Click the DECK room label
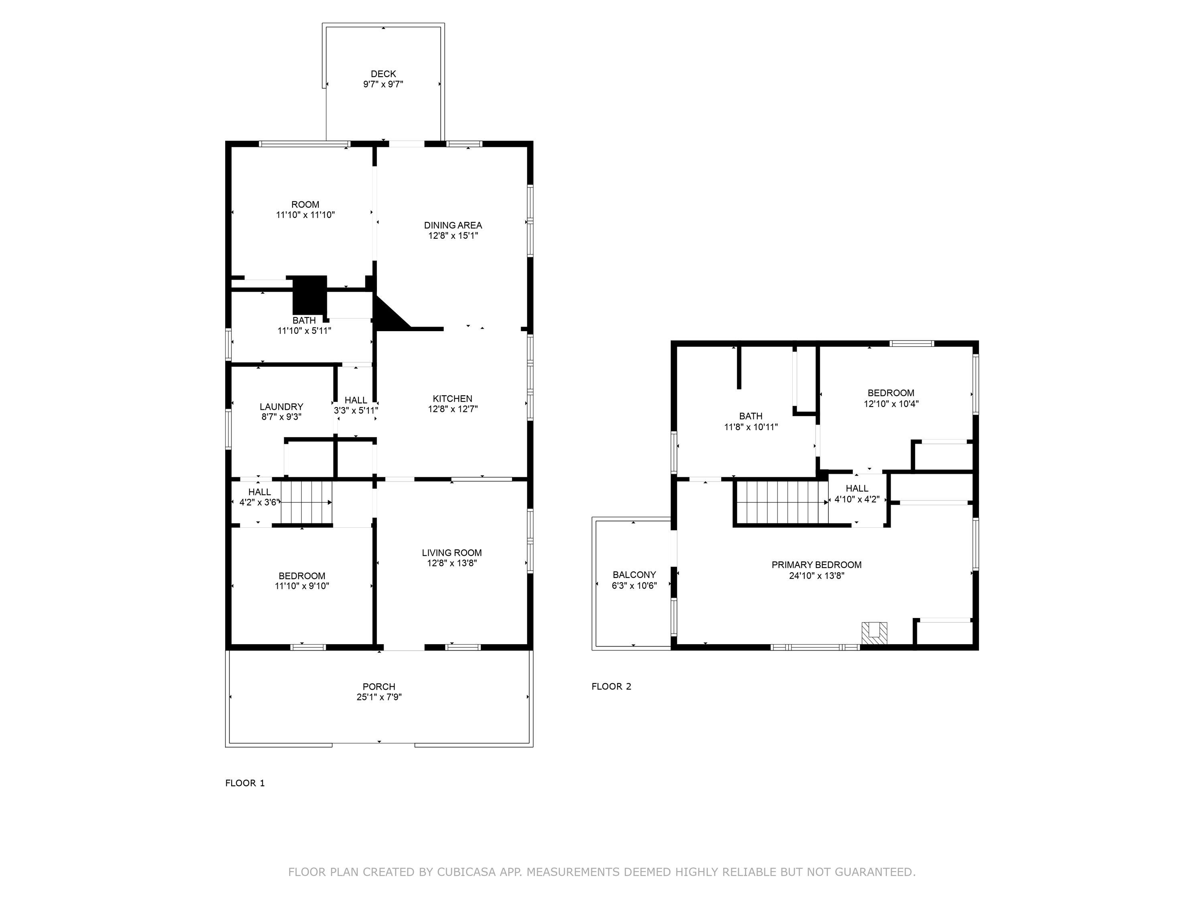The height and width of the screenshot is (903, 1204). click(383, 73)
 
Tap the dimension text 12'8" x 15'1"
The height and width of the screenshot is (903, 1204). click(453, 236)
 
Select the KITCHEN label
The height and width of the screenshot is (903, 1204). click(452, 399)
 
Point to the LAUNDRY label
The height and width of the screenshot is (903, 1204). click(281, 407)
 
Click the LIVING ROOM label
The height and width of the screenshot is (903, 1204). click(452, 553)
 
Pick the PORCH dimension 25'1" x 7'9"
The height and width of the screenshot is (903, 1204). click(379, 697)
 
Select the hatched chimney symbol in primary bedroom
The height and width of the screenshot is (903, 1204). click(874, 634)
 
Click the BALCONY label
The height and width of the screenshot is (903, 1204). click(634, 575)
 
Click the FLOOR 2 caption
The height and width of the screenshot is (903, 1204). click(611, 686)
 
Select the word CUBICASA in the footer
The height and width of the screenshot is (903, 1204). click(466, 872)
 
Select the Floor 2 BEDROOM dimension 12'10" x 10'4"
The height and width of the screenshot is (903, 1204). click(891, 404)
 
